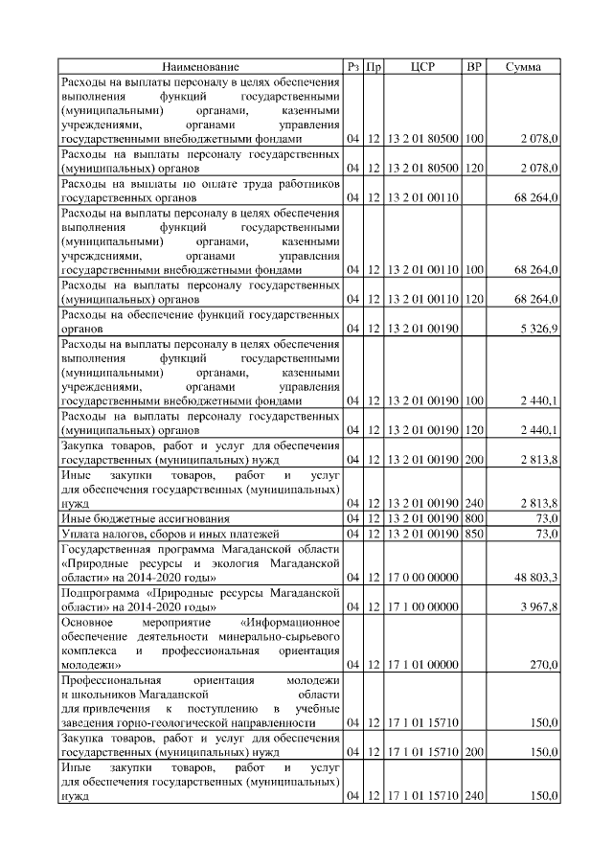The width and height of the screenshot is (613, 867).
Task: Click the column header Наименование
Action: click(200, 67)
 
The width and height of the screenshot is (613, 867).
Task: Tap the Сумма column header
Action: click(525, 67)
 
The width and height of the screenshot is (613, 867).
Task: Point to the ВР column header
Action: click(473, 67)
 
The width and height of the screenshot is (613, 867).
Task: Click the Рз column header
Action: click(353, 67)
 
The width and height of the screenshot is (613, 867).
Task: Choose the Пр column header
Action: click(375, 67)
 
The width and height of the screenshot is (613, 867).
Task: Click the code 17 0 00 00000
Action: click(422, 577)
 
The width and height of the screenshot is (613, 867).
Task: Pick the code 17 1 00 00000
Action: click(422, 605)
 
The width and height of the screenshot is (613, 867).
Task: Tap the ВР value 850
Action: click(473, 533)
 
